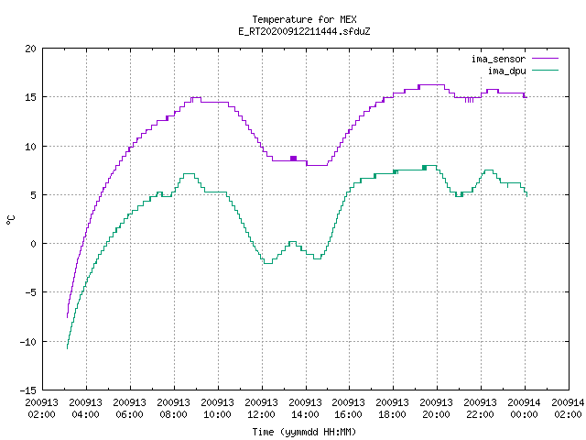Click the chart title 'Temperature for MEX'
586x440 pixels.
304,19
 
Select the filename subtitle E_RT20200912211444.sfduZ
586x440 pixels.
304,31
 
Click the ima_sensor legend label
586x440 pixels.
498,59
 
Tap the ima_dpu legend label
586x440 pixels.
506,71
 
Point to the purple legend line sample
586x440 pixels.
545,59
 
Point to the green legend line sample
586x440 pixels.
545,70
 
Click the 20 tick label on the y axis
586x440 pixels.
30,49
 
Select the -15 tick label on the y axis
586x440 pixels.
28,390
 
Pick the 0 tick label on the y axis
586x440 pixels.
34,244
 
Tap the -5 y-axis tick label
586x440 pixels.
30,292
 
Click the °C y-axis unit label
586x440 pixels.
11,220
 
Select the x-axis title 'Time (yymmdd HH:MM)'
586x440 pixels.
304,432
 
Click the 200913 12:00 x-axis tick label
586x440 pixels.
261,409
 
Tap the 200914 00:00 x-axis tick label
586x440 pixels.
524,409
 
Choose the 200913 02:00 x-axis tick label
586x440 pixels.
42,409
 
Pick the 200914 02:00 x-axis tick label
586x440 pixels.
568,409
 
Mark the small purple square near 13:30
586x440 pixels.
293,159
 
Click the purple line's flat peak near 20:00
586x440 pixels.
431,85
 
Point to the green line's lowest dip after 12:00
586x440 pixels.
268,263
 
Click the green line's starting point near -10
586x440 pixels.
67,348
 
